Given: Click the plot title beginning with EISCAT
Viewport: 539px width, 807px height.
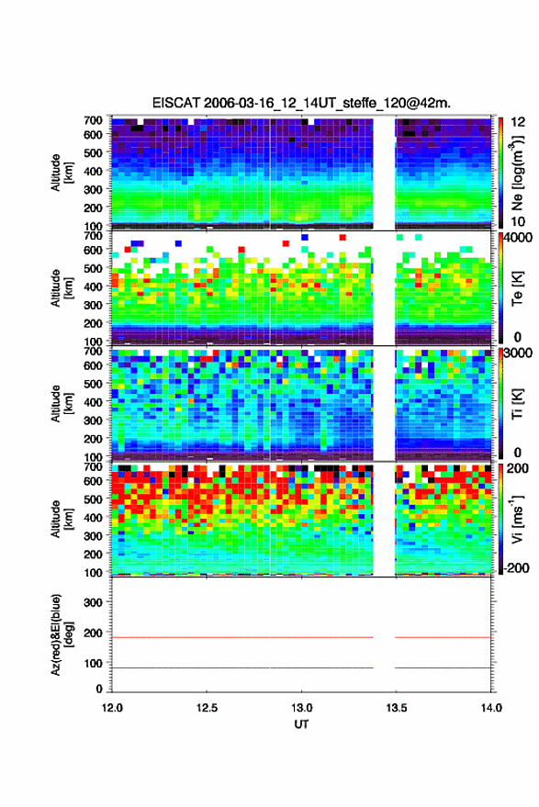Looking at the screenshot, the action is click(x=301, y=103).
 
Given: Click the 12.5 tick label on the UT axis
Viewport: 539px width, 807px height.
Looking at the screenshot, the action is click(x=207, y=708).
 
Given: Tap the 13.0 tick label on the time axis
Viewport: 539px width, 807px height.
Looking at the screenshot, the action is click(x=302, y=708).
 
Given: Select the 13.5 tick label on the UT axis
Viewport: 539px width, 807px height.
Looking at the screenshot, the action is click(x=397, y=708).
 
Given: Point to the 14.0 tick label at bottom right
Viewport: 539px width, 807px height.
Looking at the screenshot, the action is click(x=491, y=708).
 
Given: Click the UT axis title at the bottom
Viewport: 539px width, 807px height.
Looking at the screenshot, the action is click(x=302, y=724).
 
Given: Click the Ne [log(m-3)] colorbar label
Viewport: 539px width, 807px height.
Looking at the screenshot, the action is click(x=518, y=173).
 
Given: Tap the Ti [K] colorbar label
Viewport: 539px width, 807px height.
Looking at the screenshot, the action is click(x=518, y=404).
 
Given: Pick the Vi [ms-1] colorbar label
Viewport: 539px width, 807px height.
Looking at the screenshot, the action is click(x=518, y=520).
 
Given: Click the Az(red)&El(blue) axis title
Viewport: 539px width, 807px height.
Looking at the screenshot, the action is click(x=62, y=635).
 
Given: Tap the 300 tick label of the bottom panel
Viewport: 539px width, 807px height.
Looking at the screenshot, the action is click(x=93, y=602).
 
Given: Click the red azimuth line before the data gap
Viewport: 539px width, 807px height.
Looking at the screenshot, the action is click(x=242, y=638).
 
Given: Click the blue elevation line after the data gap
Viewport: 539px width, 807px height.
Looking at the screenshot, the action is click(x=444, y=668).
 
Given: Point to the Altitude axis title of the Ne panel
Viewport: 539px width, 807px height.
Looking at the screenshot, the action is click(x=62, y=173).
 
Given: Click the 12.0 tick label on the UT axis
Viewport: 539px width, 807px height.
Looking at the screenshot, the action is click(x=112, y=708).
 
